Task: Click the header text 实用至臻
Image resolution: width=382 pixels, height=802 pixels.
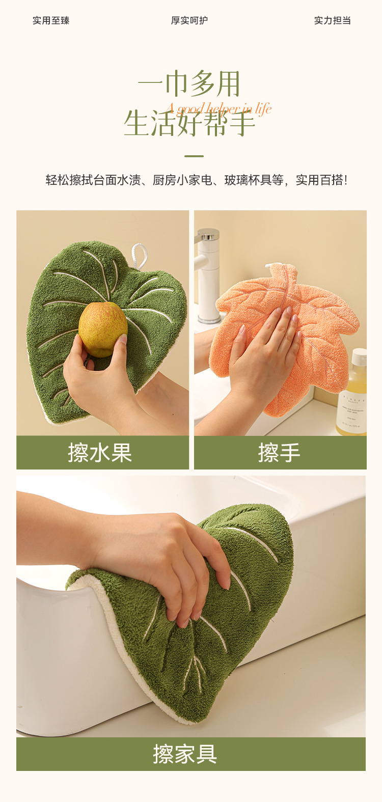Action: pos(51,20)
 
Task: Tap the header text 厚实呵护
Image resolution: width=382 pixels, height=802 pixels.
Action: pos(189,20)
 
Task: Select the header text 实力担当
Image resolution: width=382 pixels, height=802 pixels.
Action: pos(333,20)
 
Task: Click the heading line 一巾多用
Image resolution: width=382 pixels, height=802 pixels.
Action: pos(189,85)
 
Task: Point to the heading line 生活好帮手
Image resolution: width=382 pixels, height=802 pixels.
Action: pos(189,124)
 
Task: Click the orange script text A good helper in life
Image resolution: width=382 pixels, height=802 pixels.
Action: pos(219,108)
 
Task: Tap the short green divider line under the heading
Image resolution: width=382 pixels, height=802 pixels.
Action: pos(194,156)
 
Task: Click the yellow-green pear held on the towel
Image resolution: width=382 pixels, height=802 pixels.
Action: pos(102,328)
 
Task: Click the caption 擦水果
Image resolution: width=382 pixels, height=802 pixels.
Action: pos(100,453)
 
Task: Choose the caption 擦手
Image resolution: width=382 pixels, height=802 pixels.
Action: pos(280,453)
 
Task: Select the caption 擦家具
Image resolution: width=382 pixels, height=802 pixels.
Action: pos(185,754)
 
